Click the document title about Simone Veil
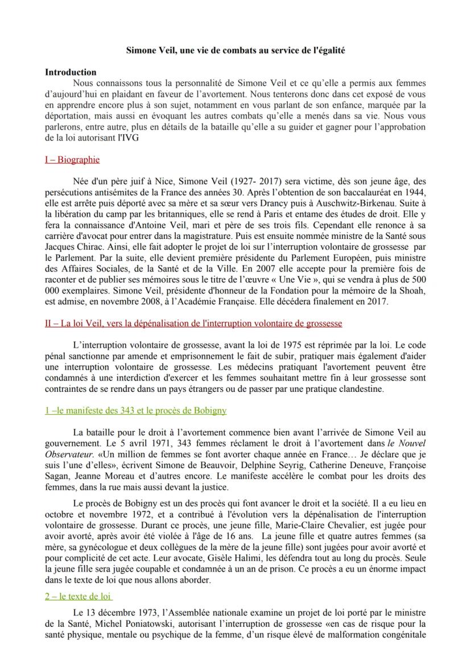coord(235,51)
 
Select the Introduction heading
coord(71,72)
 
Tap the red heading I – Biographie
coord(72,160)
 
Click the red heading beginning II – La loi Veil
coord(193,324)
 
